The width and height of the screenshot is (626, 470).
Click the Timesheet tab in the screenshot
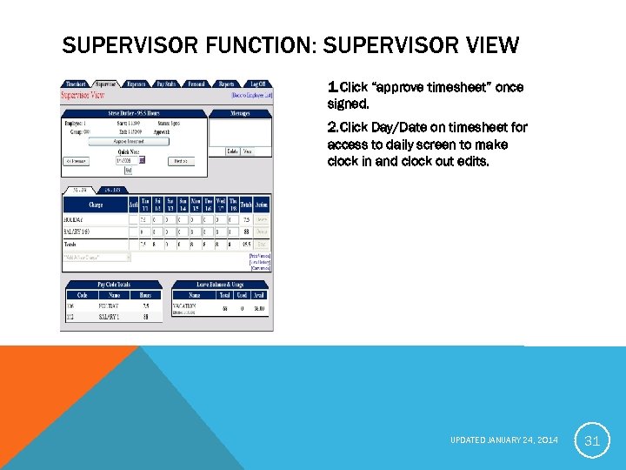click(76, 84)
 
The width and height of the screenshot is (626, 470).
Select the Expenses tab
click(137, 84)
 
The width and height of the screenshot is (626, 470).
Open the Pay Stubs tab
click(165, 84)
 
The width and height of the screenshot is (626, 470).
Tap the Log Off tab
click(256, 84)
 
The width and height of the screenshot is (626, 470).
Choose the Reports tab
click(226, 84)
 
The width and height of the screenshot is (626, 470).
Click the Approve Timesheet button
click(129, 141)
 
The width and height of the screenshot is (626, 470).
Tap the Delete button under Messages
click(232, 151)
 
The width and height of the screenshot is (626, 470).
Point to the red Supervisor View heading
click(83, 95)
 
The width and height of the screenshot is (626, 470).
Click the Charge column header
click(95, 205)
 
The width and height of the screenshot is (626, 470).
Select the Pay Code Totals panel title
click(114, 285)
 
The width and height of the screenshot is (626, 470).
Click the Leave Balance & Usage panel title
click(221, 285)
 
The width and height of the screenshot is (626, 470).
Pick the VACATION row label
click(185, 306)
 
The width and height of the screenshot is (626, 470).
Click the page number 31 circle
click(592, 441)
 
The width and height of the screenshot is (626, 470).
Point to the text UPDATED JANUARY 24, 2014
click(505, 441)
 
